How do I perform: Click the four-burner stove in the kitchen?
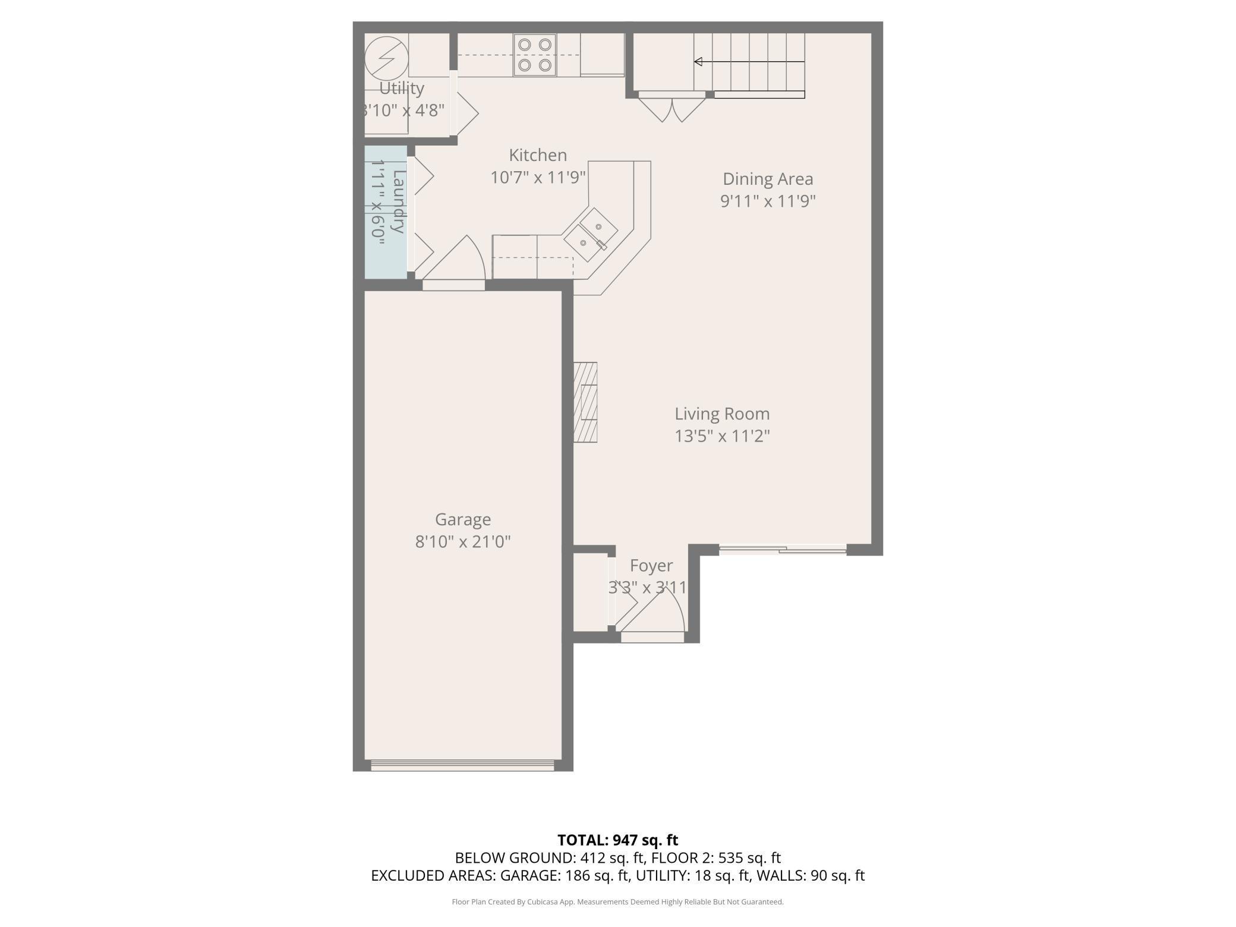point(535,55)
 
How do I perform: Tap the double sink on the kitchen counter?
point(590,234)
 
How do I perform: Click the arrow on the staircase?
point(699,62)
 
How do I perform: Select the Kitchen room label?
point(538,155)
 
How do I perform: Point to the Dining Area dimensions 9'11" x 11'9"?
point(768,201)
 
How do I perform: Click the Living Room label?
point(722,414)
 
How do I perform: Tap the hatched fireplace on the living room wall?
point(585,402)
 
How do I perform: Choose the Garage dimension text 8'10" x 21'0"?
point(463,542)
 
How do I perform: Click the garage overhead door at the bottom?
point(462,765)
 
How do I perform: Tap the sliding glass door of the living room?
point(783,550)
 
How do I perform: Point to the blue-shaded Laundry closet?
point(386,212)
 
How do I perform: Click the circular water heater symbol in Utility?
point(386,58)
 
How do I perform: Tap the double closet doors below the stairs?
point(671,108)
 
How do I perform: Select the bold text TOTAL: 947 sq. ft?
point(617,840)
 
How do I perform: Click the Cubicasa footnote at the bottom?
point(617,902)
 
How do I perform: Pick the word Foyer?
point(651,566)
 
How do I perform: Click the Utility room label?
point(402,88)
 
